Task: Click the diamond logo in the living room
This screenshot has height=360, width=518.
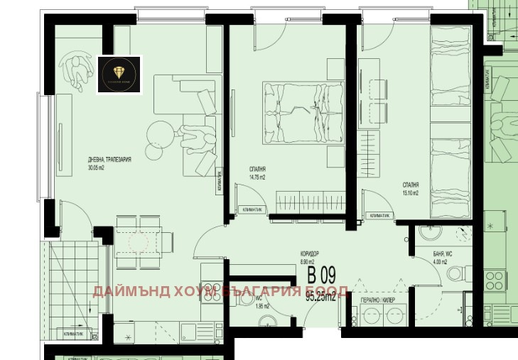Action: [x=119, y=74]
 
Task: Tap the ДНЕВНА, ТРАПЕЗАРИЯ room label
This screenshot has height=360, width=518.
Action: [x=107, y=161]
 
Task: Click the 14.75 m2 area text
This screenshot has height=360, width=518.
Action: [x=258, y=177]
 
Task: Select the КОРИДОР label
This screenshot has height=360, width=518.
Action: [x=310, y=254]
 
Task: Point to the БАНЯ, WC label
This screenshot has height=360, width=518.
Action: [x=441, y=254]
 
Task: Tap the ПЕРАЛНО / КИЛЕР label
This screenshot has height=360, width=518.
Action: [x=378, y=301]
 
